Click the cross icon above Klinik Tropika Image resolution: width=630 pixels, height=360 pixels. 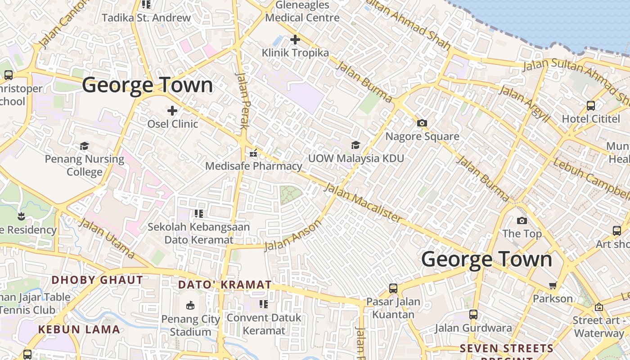pyautogui.click(x=295, y=40)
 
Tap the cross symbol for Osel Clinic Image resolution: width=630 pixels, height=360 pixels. pyautogui.click(x=172, y=110)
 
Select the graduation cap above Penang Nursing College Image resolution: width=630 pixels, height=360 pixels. pyautogui.click(x=85, y=146)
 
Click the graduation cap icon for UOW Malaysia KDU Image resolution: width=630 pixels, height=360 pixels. pyautogui.click(x=355, y=145)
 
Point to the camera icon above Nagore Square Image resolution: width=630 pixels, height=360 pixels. pyautogui.click(x=422, y=123)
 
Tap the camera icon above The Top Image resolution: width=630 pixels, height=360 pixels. pyautogui.click(x=522, y=220)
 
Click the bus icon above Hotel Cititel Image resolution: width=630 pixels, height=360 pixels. pyautogui.click(x=590, y=106)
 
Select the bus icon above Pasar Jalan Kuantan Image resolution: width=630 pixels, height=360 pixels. pyautogui.click(x=393, y=288)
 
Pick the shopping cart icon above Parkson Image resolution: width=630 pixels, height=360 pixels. pyautogui.click(x=553, y=285)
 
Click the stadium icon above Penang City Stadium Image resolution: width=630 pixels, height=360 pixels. pyautogui.click(x=190, y=306)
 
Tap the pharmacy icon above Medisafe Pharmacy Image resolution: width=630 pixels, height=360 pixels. pyautogui.click(x=253, y=153)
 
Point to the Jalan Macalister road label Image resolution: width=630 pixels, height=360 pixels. pyautogui.click(x=362, y=202)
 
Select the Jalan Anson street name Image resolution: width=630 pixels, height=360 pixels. pyautogui.click(x=293, y=235)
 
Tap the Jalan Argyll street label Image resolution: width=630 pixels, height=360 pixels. pyautogui.click(x=525, y=104)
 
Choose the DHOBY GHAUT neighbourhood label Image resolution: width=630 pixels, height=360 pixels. pyautogui.click(x=97, y=280)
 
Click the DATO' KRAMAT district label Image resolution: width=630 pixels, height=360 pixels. pyautogui.click(x=225, y=285)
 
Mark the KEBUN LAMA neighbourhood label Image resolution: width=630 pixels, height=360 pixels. pyautogui.click(x=79, y=329)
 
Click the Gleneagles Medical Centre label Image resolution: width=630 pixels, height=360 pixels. pyautogui.click(x=302, y=12)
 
